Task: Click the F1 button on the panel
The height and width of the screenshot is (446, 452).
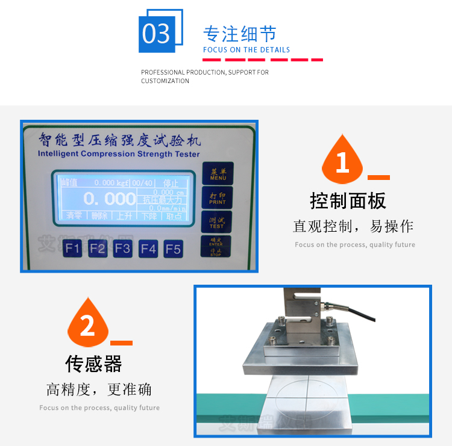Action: tap(73, 248)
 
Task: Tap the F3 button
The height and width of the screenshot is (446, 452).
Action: tap(123, 248)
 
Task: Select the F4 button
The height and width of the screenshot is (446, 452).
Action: tap(148, 248)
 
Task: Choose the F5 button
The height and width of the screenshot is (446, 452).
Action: tap(173, 248)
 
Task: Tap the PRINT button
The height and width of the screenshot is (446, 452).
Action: tap(217, 199)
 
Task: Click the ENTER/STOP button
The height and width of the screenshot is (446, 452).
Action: tap(216, 246)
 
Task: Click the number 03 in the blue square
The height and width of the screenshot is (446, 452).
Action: tap(157, 34)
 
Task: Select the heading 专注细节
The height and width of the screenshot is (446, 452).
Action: tap(240, 33)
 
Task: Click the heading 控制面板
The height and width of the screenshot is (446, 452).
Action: tap(348, 200)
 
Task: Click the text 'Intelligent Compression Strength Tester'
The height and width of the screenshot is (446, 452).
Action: tap(119, 153)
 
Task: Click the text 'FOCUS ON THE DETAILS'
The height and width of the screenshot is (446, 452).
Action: tap(246, 50)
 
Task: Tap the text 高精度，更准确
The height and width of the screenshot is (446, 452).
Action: tap(99, 389)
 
